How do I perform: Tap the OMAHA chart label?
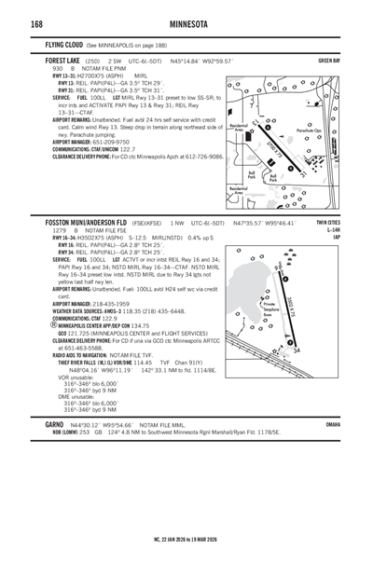pyautogui.click(x=333, y=449)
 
